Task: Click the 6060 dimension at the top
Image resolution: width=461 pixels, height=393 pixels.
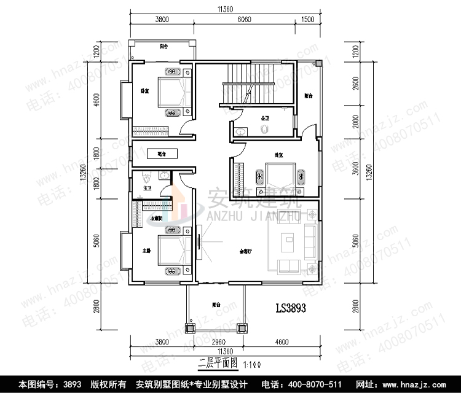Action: click(x=244, y=19)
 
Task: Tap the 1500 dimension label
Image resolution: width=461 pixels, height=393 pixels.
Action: click(x=308, y=19)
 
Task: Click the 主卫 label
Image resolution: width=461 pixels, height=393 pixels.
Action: click(x=147, y=189)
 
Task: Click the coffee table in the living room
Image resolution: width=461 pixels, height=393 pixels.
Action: click(x=287, y=243)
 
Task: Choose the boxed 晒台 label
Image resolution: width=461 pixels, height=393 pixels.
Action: click(x=162, y=154)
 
